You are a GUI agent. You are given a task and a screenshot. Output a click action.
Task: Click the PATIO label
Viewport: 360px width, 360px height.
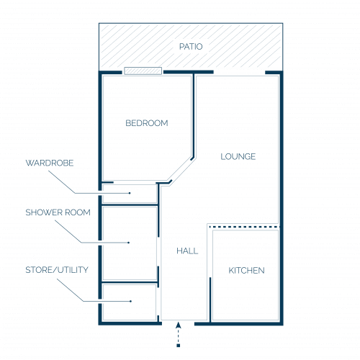pos(191,47)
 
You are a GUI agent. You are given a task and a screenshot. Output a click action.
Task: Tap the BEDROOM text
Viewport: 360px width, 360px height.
pos(147,123)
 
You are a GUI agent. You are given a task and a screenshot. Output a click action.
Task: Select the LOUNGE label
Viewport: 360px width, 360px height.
pos(238,157)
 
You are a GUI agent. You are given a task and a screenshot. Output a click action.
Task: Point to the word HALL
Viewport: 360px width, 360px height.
pos(187,251)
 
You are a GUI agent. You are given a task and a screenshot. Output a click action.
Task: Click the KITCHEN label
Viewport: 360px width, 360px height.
pos(246,271)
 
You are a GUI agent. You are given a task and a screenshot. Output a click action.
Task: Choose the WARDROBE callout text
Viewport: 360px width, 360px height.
pos(50,163)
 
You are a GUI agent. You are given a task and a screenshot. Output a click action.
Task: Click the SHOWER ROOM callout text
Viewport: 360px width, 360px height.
pos(58,212)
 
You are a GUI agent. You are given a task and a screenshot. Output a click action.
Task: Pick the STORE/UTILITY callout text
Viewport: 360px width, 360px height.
pos(57,270)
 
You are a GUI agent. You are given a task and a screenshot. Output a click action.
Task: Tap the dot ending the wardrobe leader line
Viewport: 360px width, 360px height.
pos(130,193)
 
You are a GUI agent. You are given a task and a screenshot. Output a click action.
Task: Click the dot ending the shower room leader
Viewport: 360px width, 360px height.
pos(129,243)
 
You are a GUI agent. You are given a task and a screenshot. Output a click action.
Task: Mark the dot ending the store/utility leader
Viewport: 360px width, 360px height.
pos(130,301)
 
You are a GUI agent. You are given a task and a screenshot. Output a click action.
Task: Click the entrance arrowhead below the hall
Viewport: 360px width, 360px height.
pos(178,325)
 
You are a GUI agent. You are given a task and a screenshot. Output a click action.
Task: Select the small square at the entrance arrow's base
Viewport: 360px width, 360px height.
pos(178,346)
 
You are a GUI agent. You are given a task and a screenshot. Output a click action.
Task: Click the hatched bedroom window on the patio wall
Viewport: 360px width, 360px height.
pos(143,71)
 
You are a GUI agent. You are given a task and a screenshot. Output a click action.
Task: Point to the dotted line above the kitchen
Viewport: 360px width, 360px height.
pos(244,227)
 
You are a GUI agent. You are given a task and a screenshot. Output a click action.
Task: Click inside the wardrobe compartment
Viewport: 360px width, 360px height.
pos(130,194)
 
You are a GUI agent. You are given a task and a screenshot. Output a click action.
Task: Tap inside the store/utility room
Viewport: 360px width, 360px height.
pos(129,302)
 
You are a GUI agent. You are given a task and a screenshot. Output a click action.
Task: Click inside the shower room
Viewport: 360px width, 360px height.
pos(129,243)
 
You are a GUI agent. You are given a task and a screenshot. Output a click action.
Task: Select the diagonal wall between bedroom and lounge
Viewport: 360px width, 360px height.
pos(181,170)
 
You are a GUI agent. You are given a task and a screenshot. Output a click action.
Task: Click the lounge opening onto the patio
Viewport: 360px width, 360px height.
pos(239,72)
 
